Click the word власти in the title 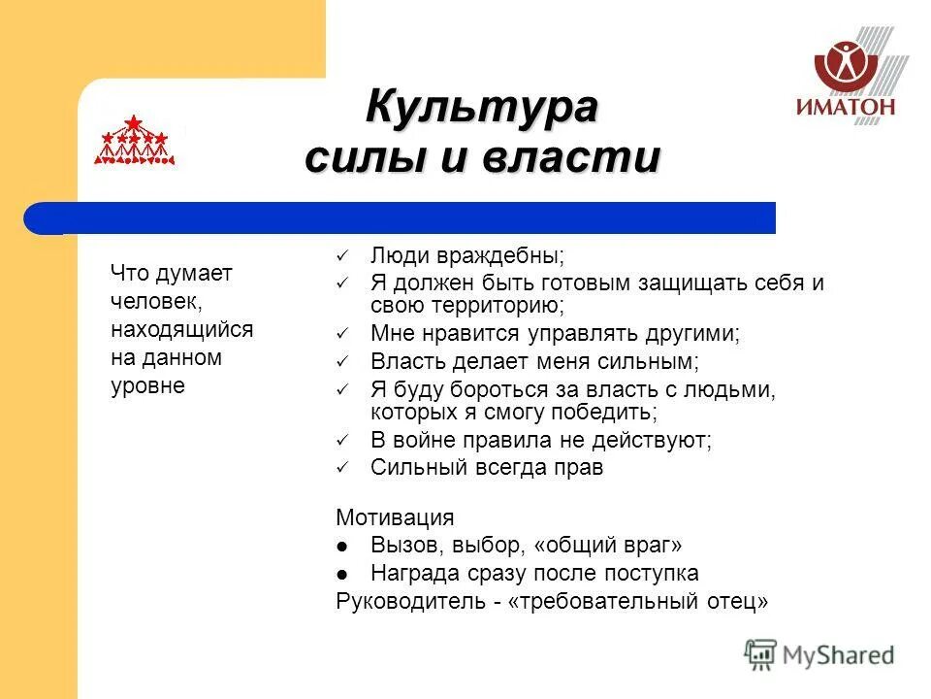click(x=582, y=157)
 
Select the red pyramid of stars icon click(x=134, y=141)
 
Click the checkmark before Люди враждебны click(x=341, y=256)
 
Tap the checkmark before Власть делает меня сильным click(x=341, y=362)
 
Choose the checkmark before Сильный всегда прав click(x=341, y=468)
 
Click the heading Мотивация click(x=395, y=517)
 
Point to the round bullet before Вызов click(x=342, y=546)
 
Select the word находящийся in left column click(x=182, y=329)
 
